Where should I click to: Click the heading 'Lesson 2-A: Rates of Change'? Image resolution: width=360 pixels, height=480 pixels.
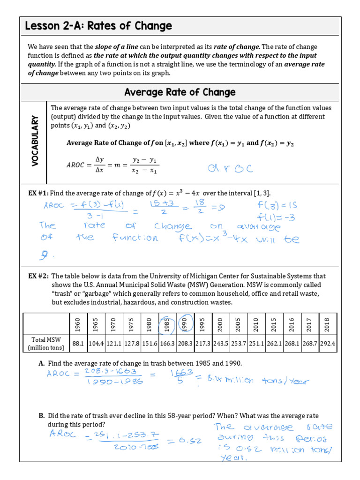(x=98, y=26)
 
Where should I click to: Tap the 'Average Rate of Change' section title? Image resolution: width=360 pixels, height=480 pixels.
(x=180, y=92)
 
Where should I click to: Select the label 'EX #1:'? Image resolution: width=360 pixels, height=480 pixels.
(x=38, y=193)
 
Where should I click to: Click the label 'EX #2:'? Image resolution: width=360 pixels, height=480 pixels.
(x=38, y=276)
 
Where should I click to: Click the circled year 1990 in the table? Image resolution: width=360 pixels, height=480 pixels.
(x=185, y=324)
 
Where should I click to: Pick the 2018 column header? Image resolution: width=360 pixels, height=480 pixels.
(x=327, y=324)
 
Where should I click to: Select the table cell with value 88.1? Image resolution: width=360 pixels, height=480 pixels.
(x=78, y=344)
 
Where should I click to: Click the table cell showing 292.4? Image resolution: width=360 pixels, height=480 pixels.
(x=327, y=344)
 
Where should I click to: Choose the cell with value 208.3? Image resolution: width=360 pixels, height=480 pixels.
(x=185, y=344)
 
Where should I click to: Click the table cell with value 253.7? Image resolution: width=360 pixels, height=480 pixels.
(x=238, y=344)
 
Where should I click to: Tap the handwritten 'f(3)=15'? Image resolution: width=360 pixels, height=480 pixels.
(x=277, y=205)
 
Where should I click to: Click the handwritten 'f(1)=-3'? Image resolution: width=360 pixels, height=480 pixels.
(x=277, y=217)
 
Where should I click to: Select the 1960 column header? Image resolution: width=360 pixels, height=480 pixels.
(x=78, y=324)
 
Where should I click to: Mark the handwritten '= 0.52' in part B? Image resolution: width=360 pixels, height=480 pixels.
(x=178, y=441)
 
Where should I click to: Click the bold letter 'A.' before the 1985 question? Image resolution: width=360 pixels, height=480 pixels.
(x=42, y=363)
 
